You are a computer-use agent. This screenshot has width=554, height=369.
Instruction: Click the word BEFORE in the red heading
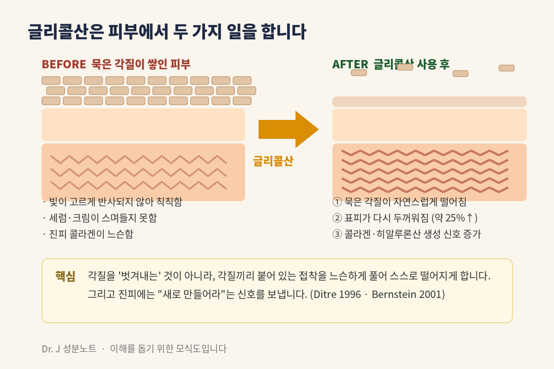(x=64, y=64)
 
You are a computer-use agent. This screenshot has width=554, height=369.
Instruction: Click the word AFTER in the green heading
(x=350, y=64)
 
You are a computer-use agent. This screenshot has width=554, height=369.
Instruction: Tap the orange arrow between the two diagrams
(x=288, y=130)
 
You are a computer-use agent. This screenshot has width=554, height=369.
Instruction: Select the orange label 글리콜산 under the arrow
(x=273, y=161)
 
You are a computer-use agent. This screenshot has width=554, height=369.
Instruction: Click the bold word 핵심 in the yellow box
(x=65, y=276)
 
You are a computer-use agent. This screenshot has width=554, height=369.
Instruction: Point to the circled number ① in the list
(x=337, y=202)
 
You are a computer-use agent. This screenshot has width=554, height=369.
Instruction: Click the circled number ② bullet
(x=337, y=218)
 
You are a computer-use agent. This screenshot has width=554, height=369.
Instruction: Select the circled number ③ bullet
(x=337, y=234)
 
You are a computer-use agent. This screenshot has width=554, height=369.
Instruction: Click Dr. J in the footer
(x=51, y=349)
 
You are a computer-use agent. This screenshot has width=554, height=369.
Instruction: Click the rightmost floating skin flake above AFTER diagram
(x=506, y=68)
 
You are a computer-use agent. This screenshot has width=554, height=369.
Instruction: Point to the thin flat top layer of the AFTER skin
(x=429, y=102)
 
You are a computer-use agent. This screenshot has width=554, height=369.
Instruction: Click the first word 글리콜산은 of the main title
(x=65, y=32)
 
